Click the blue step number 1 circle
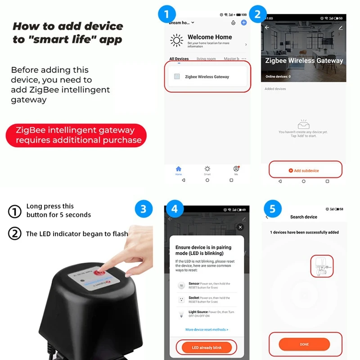(166, 14)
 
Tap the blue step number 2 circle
(257, 14)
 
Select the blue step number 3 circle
(143, 209)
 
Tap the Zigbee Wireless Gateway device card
(207, 77)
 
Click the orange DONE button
(304, 344)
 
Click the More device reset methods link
(207, 330)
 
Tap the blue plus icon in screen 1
(244, 22)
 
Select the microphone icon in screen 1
(233, 22)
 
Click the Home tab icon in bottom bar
(179, 170)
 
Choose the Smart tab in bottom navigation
(207, 170)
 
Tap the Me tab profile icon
(236, 170)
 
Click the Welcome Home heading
(210, 37)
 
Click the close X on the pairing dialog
(240, 228)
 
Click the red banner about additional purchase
(76, 135)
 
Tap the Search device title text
(304, 217)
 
